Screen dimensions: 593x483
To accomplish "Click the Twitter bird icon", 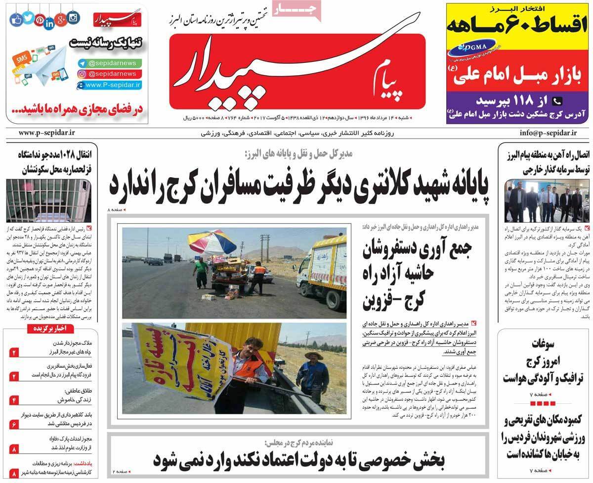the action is [28, 18].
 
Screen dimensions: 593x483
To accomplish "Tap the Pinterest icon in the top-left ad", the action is [40, 21].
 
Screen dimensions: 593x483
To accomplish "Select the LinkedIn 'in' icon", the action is [49, 23].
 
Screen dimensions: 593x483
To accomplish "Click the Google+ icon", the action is [61, 20].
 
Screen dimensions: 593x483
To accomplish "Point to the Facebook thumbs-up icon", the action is [16, 20].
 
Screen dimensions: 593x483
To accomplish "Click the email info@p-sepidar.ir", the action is [549, 133].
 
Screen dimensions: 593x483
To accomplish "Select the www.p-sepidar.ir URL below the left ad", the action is [46, 133].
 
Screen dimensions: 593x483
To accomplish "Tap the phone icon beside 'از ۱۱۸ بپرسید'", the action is [556, 101].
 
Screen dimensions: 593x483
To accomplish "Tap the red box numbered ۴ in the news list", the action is [14, 399].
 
